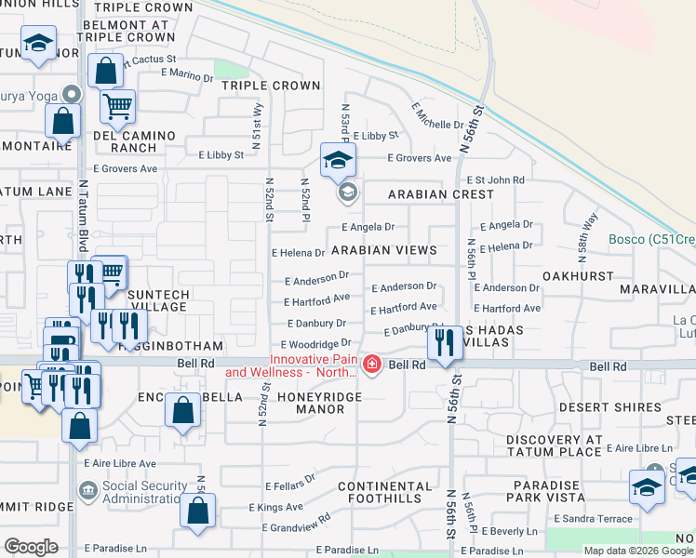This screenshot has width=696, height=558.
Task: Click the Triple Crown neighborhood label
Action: pos(271,86)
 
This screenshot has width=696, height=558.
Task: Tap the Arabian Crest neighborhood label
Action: pos(441,194)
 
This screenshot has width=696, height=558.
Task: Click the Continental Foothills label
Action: pos(384,493)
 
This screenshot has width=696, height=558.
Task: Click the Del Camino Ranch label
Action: pos(135,141)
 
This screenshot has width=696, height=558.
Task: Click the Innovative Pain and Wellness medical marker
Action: pos(372,364)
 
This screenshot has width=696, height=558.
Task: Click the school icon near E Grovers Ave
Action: pos(338,160)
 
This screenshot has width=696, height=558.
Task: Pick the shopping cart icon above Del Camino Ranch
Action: pos(117,107)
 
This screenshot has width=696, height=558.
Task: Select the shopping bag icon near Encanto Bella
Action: pos(183,409)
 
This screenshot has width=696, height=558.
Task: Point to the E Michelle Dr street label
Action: pos(437,117)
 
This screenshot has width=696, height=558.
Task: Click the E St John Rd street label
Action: pos(496,179)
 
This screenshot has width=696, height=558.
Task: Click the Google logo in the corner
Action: pos(31,547)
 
